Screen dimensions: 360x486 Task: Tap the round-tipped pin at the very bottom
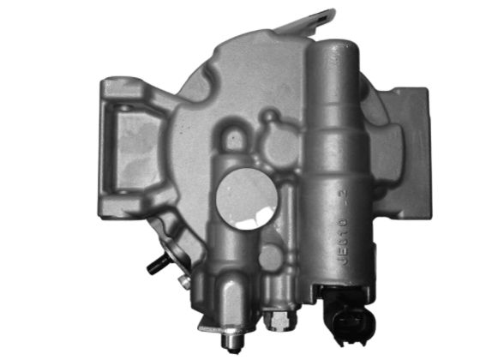point(229,342)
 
